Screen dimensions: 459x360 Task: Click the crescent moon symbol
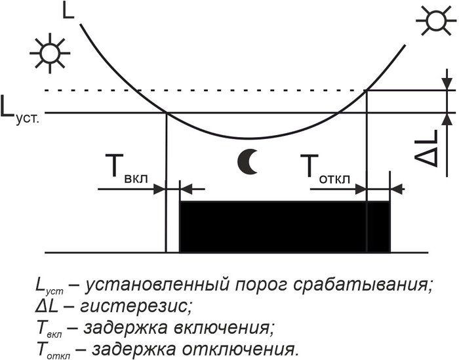248,161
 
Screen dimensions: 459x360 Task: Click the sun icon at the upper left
50,53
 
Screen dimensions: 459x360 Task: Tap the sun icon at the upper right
436,20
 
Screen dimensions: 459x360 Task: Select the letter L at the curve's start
68,11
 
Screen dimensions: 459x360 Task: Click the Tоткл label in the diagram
325,169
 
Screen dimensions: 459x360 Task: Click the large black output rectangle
285,227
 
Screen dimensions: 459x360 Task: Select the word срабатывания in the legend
358,285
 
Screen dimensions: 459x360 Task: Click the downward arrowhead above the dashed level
447,84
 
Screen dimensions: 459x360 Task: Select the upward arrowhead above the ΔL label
447,119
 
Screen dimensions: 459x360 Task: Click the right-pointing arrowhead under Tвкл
159,189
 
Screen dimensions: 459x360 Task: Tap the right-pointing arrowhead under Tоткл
361,189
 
